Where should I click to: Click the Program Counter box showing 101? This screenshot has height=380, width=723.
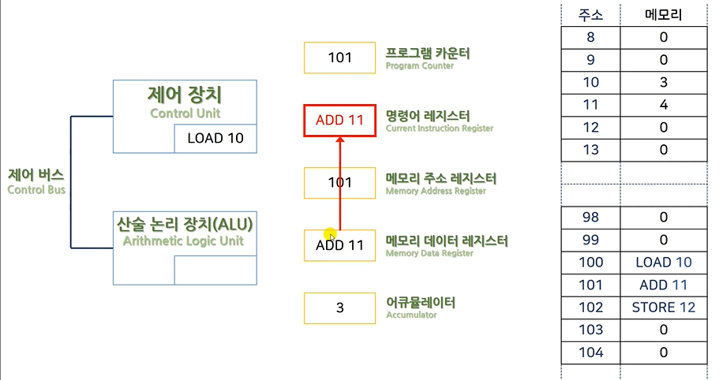click(339, 58)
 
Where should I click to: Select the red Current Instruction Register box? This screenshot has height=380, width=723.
click(339, 121)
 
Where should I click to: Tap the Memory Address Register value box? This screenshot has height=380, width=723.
click(339, 183)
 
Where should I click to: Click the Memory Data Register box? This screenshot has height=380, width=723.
click(339, 245)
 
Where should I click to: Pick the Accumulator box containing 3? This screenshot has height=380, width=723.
click(339, 307)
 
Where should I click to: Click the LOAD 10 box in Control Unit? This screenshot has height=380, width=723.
click(215, 138)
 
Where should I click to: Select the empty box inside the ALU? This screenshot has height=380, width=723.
click(215, 270)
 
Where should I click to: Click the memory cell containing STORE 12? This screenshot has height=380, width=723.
click(665, 307)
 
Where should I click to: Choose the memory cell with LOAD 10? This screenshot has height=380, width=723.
click(665, 263)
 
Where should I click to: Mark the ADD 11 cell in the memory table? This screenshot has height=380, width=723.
click(665, 285)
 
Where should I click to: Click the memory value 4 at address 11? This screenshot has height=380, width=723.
click(665, 105)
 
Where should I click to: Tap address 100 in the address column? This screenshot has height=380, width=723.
click(590, 263)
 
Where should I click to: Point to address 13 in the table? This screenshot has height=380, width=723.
click(590, 150)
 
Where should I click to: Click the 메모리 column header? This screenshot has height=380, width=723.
click(665, 14)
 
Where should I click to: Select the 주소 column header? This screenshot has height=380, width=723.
click(590, 14)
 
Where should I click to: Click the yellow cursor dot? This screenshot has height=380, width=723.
click(331, 234)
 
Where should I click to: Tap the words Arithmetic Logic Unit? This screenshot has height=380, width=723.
click(184, 241)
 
